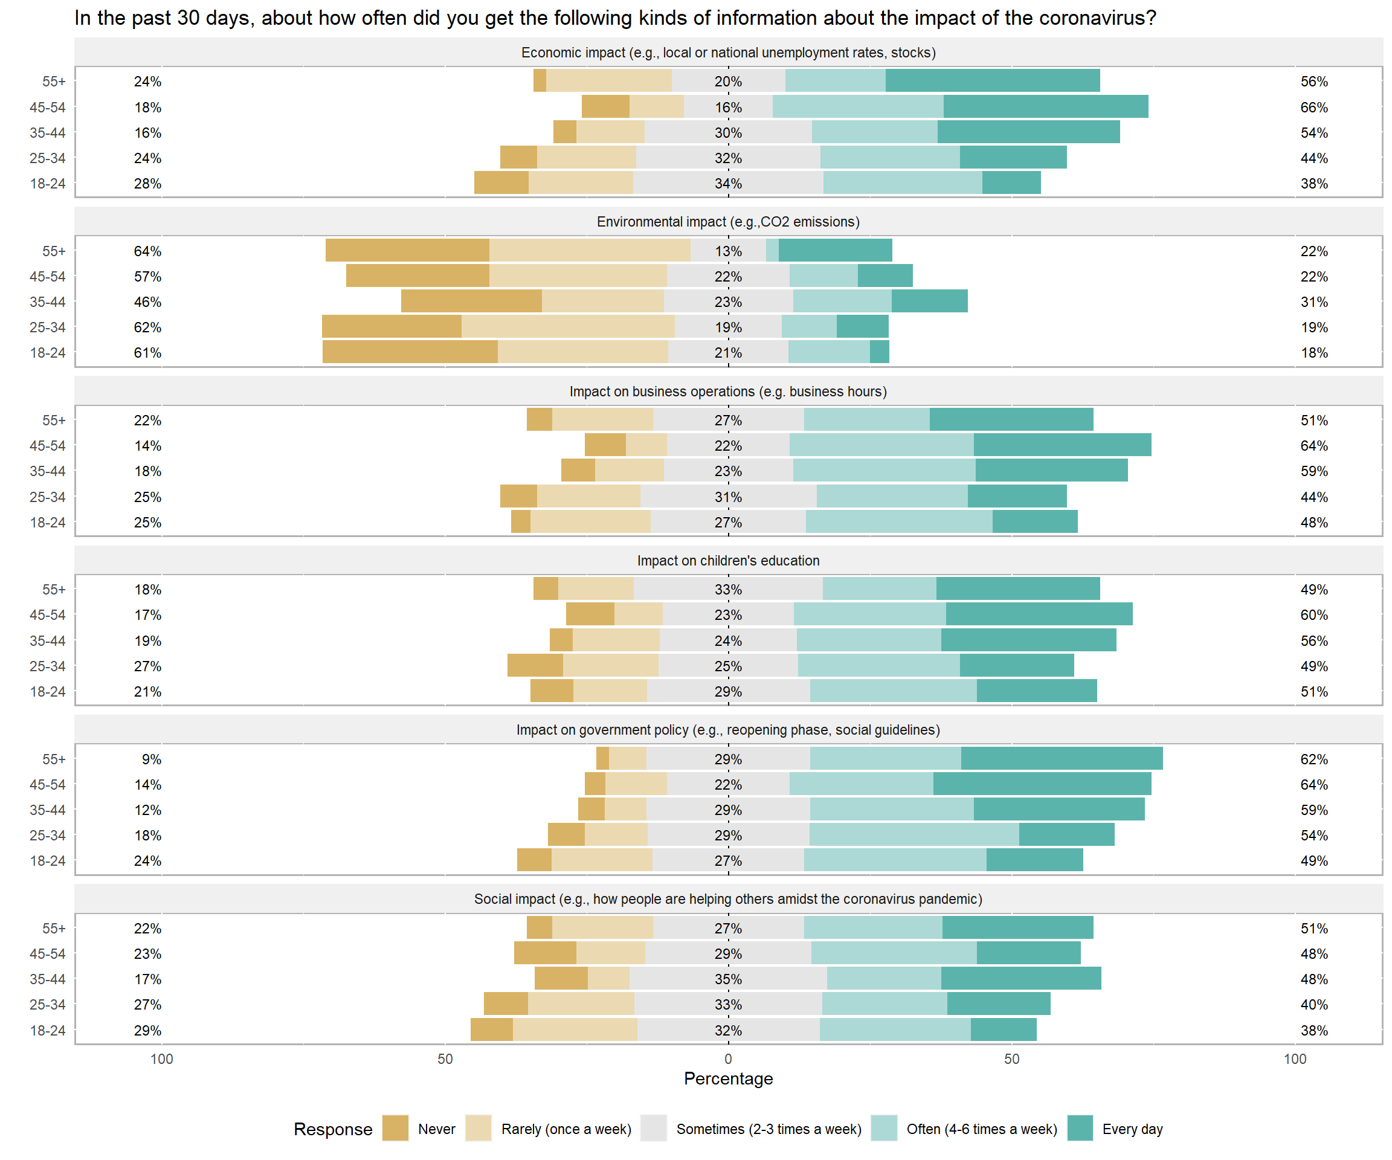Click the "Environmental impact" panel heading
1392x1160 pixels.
pos(728,222)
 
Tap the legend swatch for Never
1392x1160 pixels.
pos(395,1128)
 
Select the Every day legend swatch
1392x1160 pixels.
pos(1080,1128)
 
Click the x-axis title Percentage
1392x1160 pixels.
pos(728,1078)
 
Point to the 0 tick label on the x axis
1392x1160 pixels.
pos(728,1058)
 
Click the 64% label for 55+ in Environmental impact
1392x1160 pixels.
pos(147,251)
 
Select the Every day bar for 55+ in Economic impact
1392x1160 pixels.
pos(992,81)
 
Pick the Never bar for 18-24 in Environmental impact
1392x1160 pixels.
pos(410,352)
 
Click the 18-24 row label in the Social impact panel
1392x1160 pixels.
pos(48,1030)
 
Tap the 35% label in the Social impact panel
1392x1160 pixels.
pos(728,979)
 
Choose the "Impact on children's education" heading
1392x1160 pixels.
pos(728,561)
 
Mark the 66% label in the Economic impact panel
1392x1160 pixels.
pos(1314,108)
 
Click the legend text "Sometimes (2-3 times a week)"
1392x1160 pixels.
pos(768,1129)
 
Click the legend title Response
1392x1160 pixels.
pos(333,1129)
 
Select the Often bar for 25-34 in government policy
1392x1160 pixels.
pos(913,835)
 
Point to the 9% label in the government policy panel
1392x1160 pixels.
pos(151,759)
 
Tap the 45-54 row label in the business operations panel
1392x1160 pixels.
pos(48,445)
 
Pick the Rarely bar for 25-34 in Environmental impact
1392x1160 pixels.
pos(568,327)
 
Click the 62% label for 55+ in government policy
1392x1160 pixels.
pos(1314,759)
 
